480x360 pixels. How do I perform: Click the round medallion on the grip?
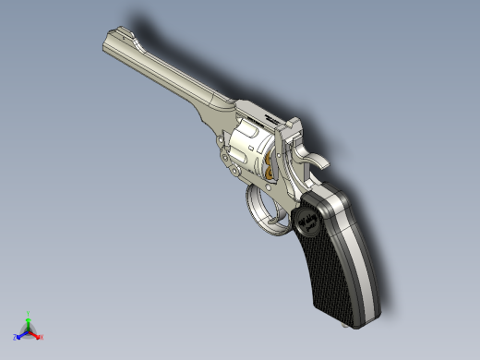(x=307, y=222)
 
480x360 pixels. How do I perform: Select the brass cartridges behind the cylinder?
(x=270, y=168)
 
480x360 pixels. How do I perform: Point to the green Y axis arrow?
(x=29, y=318)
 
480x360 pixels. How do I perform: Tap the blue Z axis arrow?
(x=20, y=334)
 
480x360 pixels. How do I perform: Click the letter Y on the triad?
(x=30, y=312)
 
